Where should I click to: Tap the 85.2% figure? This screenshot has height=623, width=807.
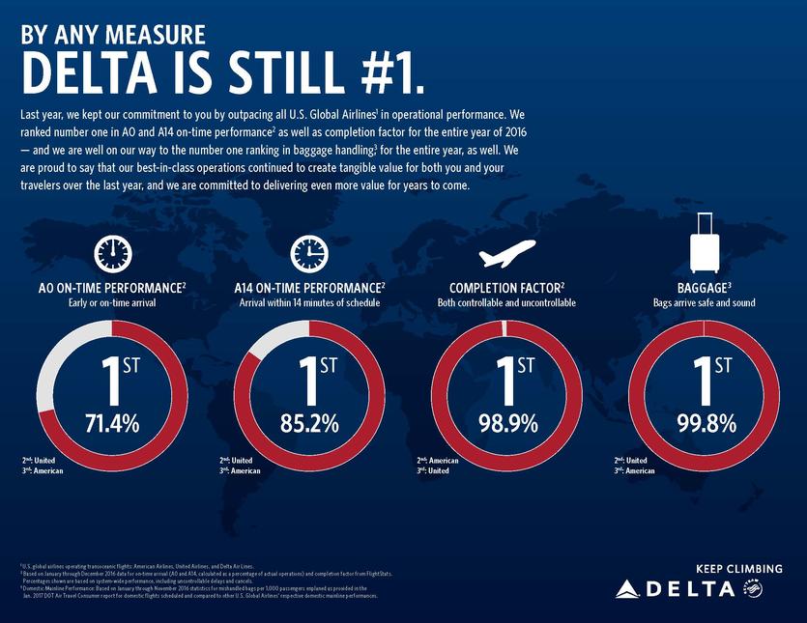click(309, 422)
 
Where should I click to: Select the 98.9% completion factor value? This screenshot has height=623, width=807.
click(506, 422)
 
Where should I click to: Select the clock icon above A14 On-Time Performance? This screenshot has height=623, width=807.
click(309, 253)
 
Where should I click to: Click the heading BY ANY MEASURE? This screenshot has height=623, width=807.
click(113, 35)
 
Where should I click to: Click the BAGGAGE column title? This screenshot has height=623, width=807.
click(703, 288)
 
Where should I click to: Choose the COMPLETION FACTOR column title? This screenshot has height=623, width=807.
click(506, 288)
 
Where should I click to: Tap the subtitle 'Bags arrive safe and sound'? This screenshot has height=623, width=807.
click(704, 302)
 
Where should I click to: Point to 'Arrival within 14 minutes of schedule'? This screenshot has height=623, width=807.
click(309, 302)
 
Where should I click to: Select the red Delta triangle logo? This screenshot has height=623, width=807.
click(628, 587)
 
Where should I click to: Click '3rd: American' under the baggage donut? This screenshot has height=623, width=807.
click(634, 471)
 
